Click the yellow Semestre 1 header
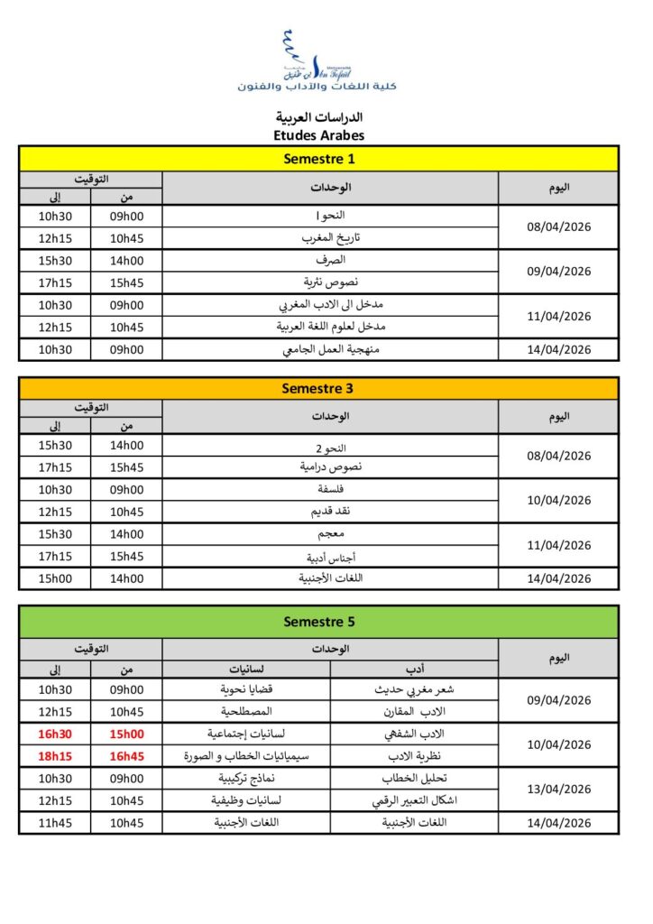tap(318, 160)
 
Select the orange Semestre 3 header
tap(318, 388)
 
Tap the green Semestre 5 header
tap(318, 622)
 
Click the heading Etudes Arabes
tap(318, 135)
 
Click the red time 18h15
tap(56, 756)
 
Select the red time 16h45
tap(127, 756)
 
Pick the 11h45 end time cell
tap(56, 823)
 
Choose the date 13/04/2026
tap(559, 790)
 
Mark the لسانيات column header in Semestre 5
tap(246, 669)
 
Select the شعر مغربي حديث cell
tap(414, 689)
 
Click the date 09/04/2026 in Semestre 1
tap(559, 271)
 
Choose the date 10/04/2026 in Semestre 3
tap(559, 501)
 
